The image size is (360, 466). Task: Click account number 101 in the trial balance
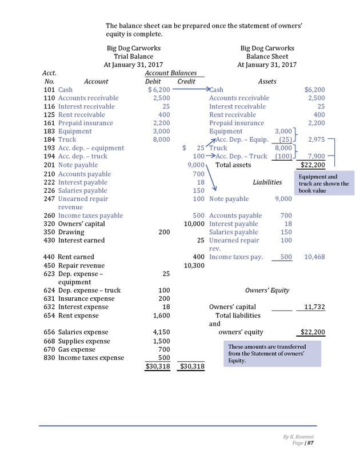[49, 90]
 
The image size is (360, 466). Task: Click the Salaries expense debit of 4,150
[162, 332]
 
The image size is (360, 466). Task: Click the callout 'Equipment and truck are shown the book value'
[324, 184]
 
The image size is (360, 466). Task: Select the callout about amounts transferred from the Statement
[270, 354]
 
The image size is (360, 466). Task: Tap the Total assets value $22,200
[313, 165]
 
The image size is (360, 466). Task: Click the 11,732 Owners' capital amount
[314, 307]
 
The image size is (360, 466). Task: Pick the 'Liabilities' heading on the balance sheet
[267, 182]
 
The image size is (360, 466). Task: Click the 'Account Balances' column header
[171, 73]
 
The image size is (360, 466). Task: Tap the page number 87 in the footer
[311, 444]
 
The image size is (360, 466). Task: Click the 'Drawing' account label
[71, 232]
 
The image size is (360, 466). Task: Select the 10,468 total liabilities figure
[314, 257]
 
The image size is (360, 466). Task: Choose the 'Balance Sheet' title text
[267, 57]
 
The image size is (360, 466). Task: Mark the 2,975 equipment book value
[316, 139]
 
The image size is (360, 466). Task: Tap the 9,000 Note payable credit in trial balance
[196, 165]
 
